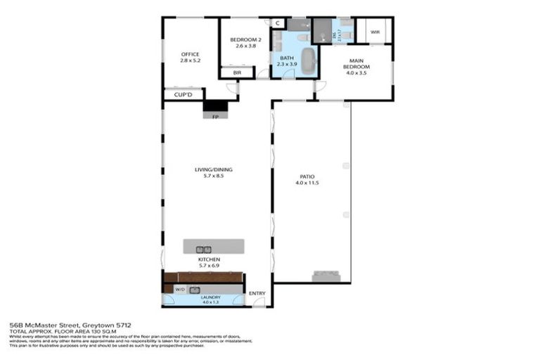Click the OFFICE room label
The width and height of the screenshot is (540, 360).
191,54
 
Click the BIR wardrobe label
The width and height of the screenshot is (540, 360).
228,72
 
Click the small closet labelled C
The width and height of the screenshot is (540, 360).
278,23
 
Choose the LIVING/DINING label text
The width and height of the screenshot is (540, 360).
214,169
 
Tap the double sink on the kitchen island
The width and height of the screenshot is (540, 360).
203,248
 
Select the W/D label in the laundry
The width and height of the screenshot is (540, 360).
179,289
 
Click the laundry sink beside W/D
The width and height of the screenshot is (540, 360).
195,289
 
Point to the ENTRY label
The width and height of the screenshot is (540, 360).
257,293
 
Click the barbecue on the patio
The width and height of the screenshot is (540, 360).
326,276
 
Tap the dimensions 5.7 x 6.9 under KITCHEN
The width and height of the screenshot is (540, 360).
214,265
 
